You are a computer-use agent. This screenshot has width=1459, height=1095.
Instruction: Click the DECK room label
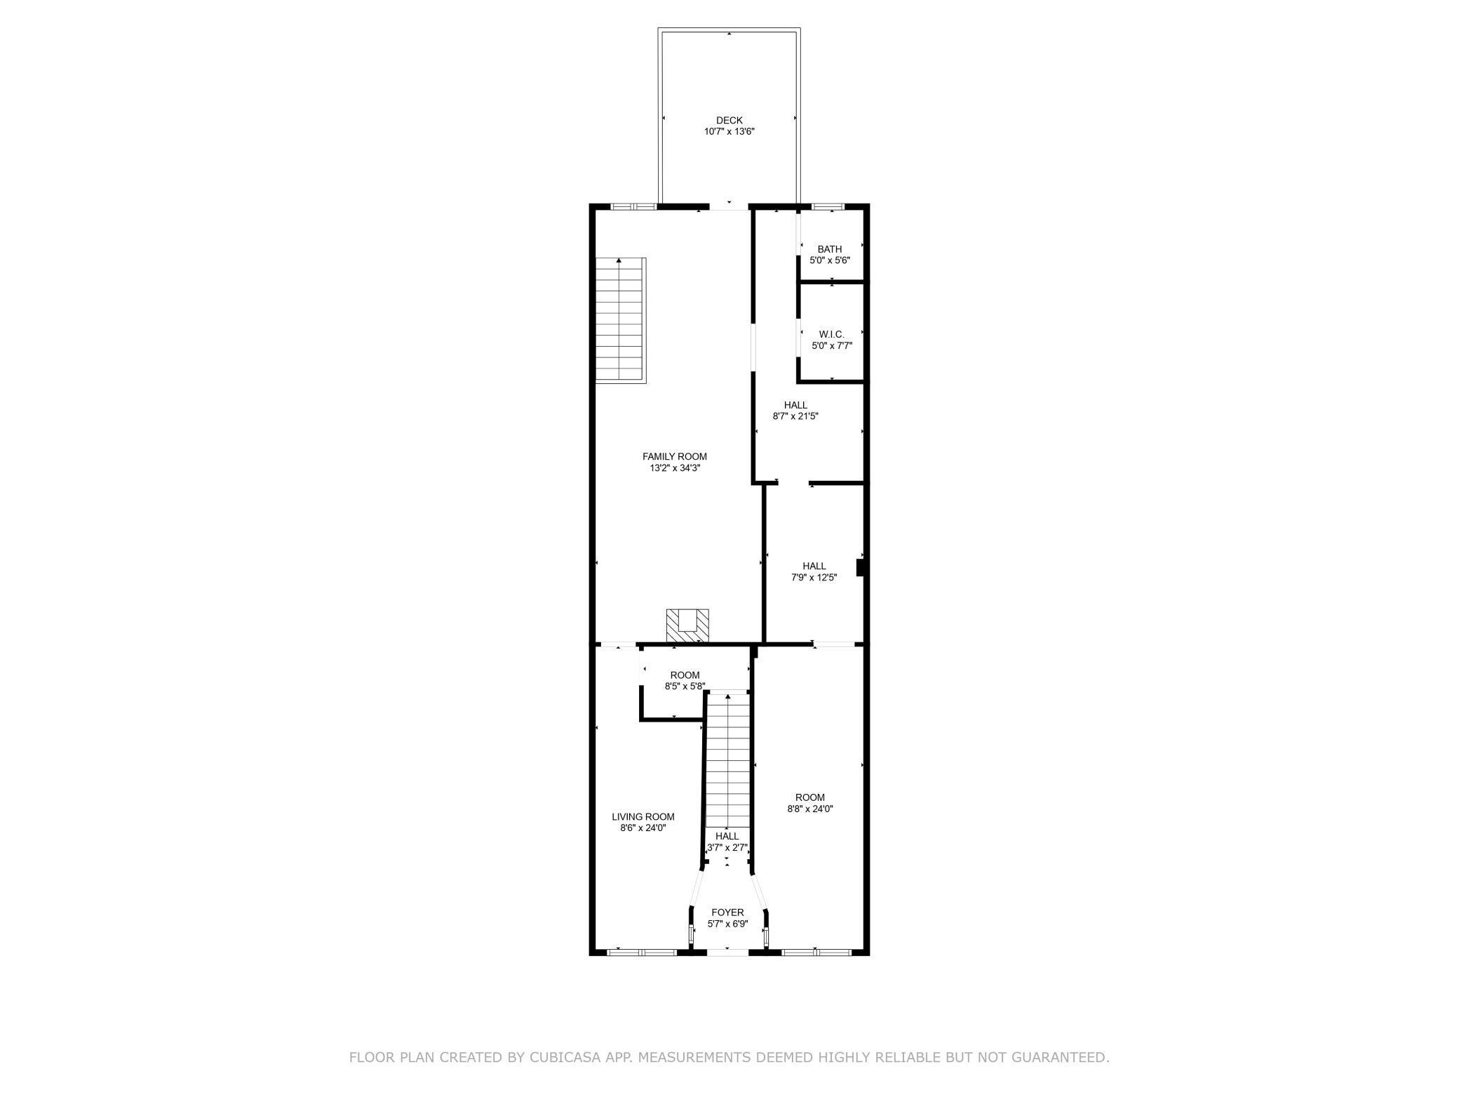click(x=729, y=120)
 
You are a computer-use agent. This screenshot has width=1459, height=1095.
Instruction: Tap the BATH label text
click(x=829, y=249)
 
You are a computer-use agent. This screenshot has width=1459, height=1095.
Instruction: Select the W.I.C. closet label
click(x=831, y=334)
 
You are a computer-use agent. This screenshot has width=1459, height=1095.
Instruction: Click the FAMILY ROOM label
click(x=674, y=456)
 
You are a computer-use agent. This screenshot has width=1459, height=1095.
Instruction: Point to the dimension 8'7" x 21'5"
click(x=795, y=416)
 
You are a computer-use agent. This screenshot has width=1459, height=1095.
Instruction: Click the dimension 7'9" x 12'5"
click(x=814, y=578)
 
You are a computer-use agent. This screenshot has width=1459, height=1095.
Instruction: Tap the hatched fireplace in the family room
click(x=687, y=625)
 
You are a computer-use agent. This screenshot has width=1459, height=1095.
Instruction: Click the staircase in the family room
click(x=621, y=320)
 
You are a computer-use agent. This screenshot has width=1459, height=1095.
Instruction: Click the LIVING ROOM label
click(x=643, y=816)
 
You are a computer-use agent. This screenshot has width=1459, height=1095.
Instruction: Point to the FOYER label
click(x=727, y=912)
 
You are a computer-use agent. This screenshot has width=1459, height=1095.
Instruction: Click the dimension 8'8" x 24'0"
click(x=809, y=809)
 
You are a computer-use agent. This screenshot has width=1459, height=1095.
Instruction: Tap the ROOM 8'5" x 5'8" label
click(x=685, y=675)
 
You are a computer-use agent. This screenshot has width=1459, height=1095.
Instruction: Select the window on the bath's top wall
click(x=828, y=206)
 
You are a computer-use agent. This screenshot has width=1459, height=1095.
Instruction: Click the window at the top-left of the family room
click(x=633, y=206)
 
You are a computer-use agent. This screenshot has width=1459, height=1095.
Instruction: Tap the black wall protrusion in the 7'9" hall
click(x=860, y=567)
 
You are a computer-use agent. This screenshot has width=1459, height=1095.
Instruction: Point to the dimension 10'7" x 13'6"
click(x=729, y=132)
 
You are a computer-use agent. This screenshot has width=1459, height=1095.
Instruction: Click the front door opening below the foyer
click(x=727, y=952)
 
